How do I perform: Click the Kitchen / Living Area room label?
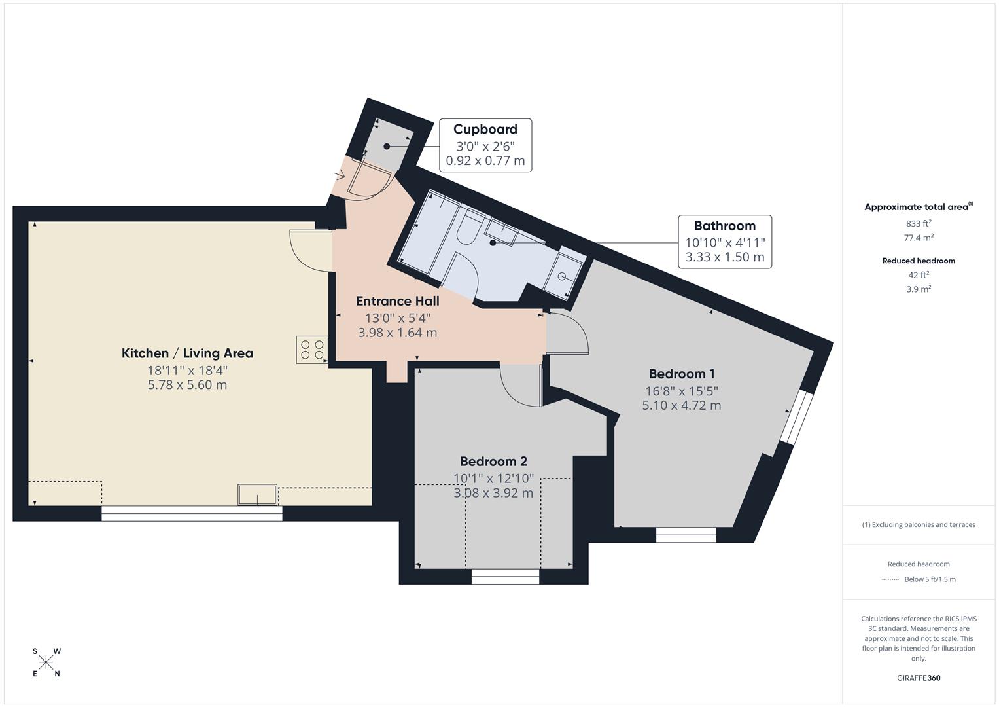tap(187, 353)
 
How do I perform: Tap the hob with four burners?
tap(311, 350)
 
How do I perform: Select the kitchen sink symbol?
tap(257, 495)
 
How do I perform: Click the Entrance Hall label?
tap(397, 301)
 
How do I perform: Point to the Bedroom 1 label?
tap(681, 374)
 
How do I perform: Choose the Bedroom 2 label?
tap(493, 462)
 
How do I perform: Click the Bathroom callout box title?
tap(724, 226)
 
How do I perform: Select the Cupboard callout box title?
tap(485, 130)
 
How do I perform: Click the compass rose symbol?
tap(46, 662)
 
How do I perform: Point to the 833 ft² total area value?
tap(918, 223)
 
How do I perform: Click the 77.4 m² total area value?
tap(918, 238)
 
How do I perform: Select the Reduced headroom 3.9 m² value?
tap(918, 289)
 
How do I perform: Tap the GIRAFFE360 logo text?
tap(918, 678)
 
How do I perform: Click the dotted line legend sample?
tap(890, 579)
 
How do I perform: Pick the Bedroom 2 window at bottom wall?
tap(505, 576)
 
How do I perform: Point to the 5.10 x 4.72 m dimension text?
tap(681, 405)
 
